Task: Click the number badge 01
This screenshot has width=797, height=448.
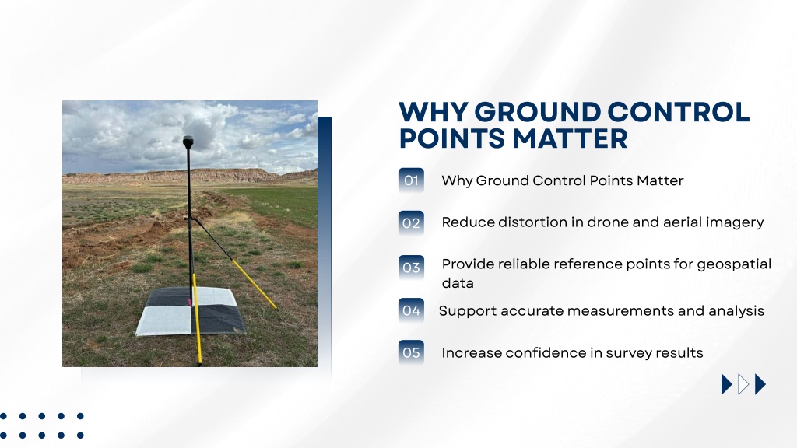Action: pos(411,180)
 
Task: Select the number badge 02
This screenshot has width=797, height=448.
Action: pos(411,223)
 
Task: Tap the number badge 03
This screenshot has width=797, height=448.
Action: pos(411,268)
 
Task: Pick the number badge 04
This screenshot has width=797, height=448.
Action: pos(411,310)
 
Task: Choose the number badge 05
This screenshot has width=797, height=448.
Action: pos(411,352)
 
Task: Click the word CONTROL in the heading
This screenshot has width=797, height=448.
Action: pos(679,112)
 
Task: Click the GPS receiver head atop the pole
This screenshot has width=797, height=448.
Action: pos(188,141)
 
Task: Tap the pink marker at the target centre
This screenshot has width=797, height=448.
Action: pos(190,303)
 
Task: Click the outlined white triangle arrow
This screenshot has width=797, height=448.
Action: pos(743,384)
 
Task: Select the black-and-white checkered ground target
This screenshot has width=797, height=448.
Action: pos(191,311)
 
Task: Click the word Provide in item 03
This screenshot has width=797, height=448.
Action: pos(468,264)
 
